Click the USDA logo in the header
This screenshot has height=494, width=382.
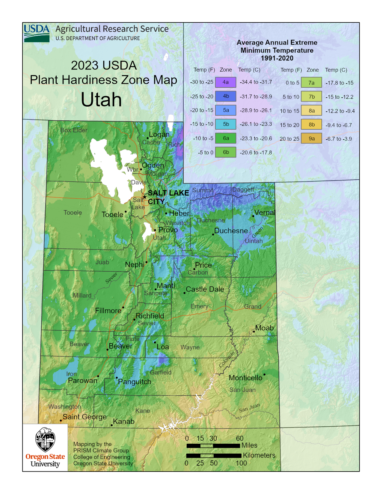pyautogui.click(x=37, y=33)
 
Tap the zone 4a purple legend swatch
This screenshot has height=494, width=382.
pyautogui.click(x=226, y=82)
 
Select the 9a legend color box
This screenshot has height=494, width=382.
pyautogui.click(x=312, y=139)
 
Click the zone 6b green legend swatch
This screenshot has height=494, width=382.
pyautogui.click(x=226, y=152)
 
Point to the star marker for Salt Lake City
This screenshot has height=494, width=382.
pyautogui.click(x=145, y=197)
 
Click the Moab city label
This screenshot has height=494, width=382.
pyautogui.click(x=264, y=328)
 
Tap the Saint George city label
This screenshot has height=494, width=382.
pyautogui.click(x=84, y=417)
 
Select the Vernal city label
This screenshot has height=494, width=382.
pyautogui.click(x=265, y=213)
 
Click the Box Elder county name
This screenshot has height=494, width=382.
pyautogui.click(x=74, y=130)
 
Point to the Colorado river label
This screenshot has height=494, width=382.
pyautogui.click(x=227, y=359)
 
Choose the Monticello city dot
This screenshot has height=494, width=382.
pyautogui.click(x=264, y=375)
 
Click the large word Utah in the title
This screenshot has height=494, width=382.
pyautogui.click(x=101, y=100)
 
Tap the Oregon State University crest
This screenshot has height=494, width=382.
pyautogui.click(x=45, y=439)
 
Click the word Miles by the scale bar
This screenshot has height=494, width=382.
pyautogui.click(x=249, y=445)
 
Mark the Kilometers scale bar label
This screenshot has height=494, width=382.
pyautogui.click(x=259, y=455)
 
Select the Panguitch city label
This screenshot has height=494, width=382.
pyautogui.click(x=135, y=382)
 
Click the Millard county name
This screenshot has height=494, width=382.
pyautogui.click(x=82, y=296)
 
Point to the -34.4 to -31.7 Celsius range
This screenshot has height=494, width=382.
pyautogui.click(x=256, y=82)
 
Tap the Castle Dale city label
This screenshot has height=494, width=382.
pyautogui.click(x=205, y=289)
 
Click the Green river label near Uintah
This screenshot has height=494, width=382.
pyautogui.click(x=257, y=232)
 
